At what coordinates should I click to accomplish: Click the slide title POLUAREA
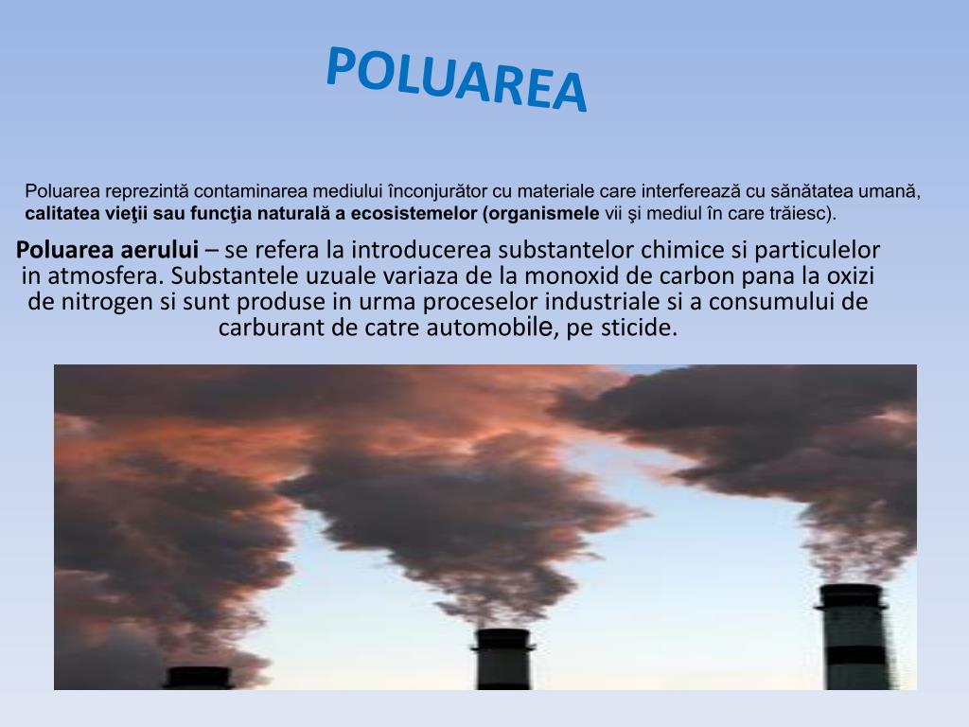[456, 80]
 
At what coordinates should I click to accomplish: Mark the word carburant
[267, 328]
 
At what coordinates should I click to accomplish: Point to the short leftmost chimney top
[198, 677]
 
